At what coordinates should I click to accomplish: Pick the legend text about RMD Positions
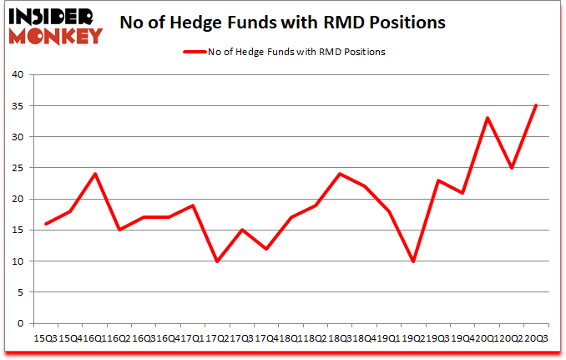coord(297,52)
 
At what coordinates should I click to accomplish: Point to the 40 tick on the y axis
coord(17,75)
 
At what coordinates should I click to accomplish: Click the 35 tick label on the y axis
coord(17,106)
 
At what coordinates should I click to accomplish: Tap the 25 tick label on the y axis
coord(17,168)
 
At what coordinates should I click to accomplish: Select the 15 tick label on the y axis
coord(17,231)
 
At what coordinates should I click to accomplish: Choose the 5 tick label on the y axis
coord(19,292)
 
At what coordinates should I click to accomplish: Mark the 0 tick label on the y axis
coord(19,324)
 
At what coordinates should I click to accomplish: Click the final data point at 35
coord(535,106)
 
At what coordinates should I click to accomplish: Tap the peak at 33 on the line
coord(487,118)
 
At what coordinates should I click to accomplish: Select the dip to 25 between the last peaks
coord(511,168)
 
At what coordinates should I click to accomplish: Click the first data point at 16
coord(47,224)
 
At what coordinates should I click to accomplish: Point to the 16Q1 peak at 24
coord(95,174)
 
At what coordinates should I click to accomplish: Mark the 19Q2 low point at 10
coord(413,261)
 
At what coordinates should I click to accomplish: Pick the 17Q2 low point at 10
coord(218,261)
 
